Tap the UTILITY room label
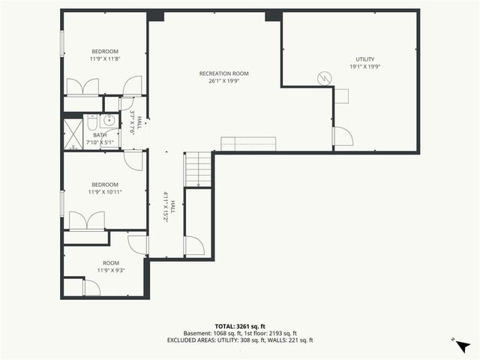pos(364,59)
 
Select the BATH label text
pos(100,135)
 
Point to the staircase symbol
pos(199,169)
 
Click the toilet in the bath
pos(91,122)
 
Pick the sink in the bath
pos(109,120)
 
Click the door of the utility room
pos(342,136)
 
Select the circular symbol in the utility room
pos(325,77)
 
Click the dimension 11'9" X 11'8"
pos(105,58)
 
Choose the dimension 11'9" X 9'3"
pos(110,270)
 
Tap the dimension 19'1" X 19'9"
pos(364,67)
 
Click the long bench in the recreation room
pos(247,143)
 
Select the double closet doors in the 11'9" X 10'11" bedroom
pos(86,221)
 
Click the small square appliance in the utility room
pos(341,95)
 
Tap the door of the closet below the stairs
pos(194,246)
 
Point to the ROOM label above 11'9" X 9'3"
pos(110,262)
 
